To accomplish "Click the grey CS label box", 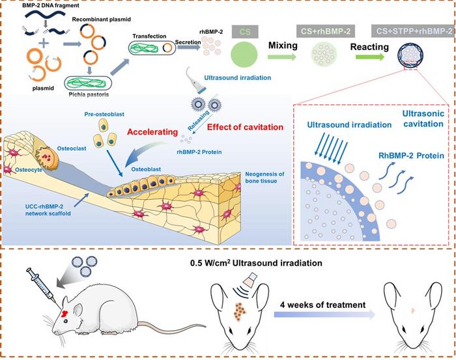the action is coord(245,31).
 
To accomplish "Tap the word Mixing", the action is coord(283,46).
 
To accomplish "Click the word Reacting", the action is coord(369,47).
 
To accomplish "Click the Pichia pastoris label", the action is coord(89,94).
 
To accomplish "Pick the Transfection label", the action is coord(149,36).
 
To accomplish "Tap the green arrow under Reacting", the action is coord(370,57).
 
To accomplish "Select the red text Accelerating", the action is coord(152,132).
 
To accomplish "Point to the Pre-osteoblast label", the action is coord(104,114).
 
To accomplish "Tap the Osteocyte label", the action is coord(29,170).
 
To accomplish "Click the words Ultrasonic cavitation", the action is coord(423,118).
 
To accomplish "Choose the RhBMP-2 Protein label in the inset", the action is coord(411,156).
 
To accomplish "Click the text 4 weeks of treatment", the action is coord(323,305).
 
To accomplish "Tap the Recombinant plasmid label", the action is coord(101,20).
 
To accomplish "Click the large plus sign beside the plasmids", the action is coord(44,44).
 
